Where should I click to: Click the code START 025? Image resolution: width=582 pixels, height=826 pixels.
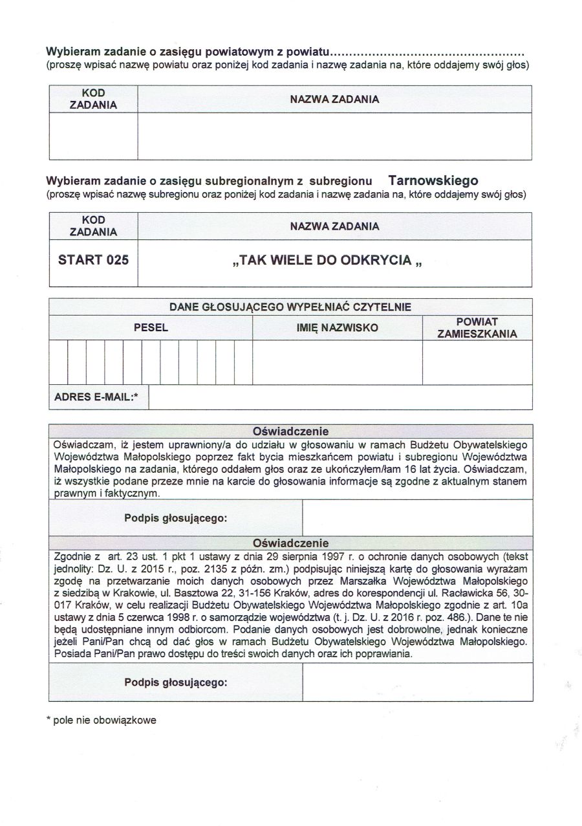[x=93, y=260]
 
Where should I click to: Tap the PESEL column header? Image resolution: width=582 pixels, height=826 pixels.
[x=151, y=328]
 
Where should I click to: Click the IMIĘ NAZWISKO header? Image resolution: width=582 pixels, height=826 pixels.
[x=337, y=328]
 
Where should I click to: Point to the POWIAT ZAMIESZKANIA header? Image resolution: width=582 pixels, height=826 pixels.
[x=477, y=328]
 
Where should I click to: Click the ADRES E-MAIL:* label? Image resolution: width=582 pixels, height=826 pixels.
[x=96, y=397]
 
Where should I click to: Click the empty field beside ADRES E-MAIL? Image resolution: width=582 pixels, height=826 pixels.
[x=340, y=397]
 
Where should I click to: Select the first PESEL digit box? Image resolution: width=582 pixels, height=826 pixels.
[x=59, y=362]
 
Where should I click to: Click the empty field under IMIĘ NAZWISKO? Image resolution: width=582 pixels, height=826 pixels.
[x=337, y=362]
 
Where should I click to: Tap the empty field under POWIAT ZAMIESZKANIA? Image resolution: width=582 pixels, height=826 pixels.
[x=477, y=362]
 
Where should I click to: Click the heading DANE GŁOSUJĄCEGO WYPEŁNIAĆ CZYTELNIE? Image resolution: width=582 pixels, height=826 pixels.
[x=290, y=307]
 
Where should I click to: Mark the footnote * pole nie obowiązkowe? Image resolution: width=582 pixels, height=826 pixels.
[x=102, y=719]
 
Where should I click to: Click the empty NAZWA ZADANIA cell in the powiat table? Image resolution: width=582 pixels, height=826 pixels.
[x=334, y=136]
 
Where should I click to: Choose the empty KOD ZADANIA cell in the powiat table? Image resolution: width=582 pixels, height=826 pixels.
[x=93, y=136]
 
